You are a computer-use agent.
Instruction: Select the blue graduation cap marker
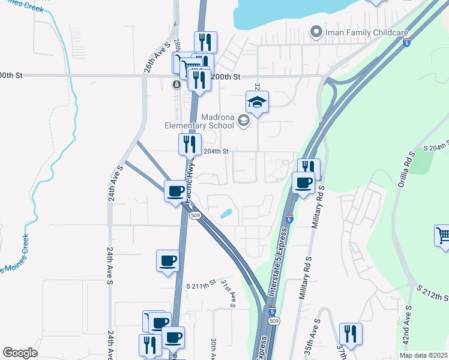[x=257, y=103]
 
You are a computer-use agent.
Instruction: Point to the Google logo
[x=20, y=353]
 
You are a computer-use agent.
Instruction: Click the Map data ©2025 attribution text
[x=423, y=355]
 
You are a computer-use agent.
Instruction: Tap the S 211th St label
[x=200, y=286]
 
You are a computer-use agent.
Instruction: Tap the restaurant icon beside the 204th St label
[x=188, y=145]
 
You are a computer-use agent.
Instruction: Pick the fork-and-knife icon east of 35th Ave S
[x=350, y=334]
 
